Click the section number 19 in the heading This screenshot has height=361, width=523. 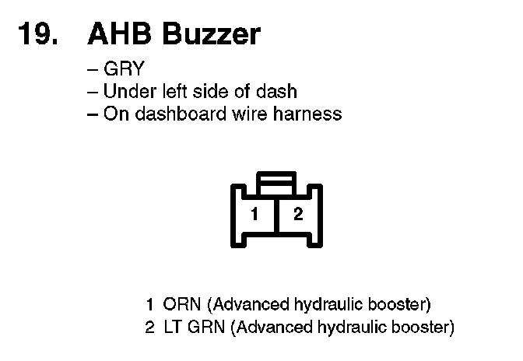coord(36,35)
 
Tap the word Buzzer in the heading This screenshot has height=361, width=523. coord(212,35)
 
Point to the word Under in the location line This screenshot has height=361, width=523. coord(127,91)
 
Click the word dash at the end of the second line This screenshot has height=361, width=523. coord(277,91)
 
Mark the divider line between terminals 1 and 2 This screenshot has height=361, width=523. coord(276,218)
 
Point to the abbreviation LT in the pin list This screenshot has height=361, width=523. coord(173,327)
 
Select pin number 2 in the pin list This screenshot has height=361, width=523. coord(150,327)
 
